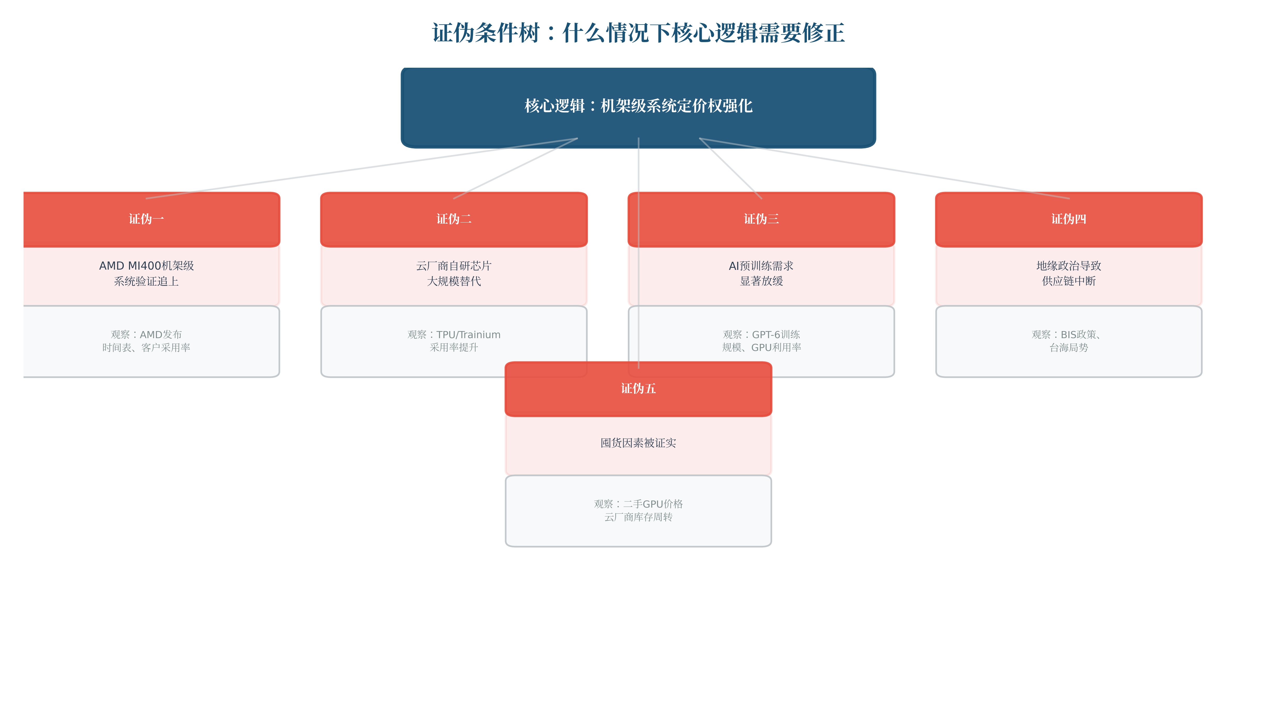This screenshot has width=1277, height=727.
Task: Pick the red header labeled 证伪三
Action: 761,219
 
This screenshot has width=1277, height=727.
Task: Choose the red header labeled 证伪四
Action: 1069,219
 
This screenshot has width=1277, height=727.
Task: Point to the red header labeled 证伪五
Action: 638,389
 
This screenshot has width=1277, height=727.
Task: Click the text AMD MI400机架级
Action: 146,266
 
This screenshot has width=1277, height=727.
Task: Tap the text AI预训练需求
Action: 761,266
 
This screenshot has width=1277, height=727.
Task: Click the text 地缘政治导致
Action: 1069,266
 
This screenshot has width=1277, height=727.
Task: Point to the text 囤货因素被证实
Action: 638,443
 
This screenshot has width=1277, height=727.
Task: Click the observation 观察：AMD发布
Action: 146,334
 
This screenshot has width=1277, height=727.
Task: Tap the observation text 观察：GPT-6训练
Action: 761,334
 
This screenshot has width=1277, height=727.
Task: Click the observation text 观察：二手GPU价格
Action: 638,504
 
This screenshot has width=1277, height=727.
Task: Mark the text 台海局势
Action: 1069,348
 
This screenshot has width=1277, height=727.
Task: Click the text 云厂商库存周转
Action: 638,517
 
